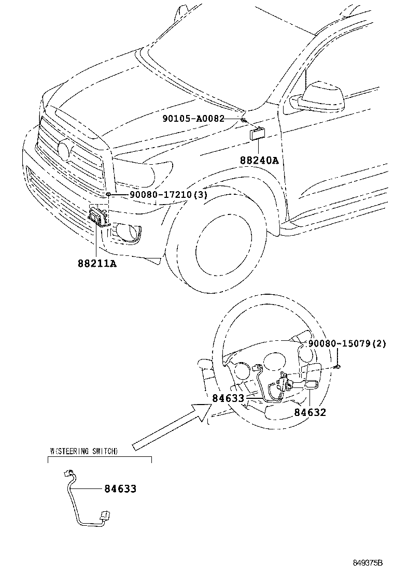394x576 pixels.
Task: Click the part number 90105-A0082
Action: (193, 119)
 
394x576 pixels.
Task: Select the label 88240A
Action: (259, 161)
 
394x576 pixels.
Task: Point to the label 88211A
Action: (97, 263)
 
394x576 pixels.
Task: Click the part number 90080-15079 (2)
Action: (347, 343)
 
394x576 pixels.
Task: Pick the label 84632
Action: (310, 412)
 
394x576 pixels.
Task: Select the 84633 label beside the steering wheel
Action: (228, 398)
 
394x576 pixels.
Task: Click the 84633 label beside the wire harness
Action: (120, 488)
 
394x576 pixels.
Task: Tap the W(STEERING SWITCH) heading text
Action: (83, 451)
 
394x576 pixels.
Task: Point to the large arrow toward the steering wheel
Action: (171, 427)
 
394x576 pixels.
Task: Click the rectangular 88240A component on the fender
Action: (258, 134)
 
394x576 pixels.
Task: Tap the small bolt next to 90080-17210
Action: (109, 194)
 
